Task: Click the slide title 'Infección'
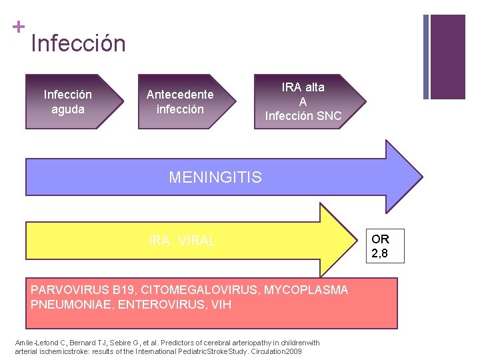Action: (78, 43)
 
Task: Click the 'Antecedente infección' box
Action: (182, 101)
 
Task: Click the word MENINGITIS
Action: (215, 177)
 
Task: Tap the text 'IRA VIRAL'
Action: (182, 241)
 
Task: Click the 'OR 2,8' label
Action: (381, 245)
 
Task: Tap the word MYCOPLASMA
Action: (306, 290)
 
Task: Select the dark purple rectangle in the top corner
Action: (447, 56)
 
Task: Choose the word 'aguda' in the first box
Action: (68, 109)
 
